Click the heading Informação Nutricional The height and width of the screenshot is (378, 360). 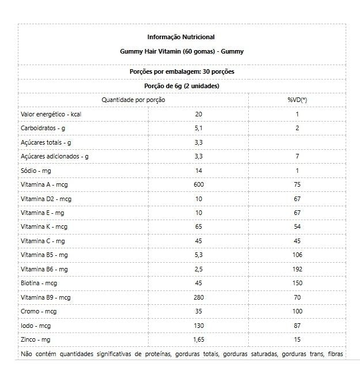181,37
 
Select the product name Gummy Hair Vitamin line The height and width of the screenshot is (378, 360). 181,51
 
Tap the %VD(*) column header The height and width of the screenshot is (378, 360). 297,100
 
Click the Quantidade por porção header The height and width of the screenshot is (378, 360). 134,100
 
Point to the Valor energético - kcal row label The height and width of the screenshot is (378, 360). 51,114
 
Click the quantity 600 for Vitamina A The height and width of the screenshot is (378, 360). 199,184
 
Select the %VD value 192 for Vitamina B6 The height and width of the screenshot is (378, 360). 297,269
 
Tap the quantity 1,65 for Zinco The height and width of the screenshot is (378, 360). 199,339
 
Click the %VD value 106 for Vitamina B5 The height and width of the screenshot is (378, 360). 297,255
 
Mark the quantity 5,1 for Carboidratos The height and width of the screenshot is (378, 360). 199,128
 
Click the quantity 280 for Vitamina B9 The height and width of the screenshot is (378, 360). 199,297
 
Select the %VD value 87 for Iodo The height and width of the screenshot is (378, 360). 297,326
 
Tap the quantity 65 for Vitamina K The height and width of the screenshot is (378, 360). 199,226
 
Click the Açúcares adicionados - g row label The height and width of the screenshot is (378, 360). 55,156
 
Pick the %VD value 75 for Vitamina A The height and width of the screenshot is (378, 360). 297,184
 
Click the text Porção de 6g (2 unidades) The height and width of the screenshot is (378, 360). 181,86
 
